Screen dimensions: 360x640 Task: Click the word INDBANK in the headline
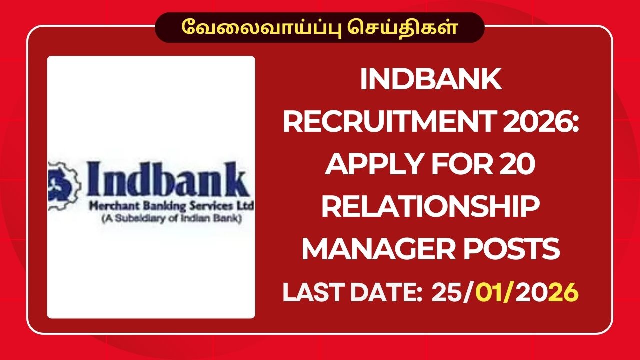coord(431,80)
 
